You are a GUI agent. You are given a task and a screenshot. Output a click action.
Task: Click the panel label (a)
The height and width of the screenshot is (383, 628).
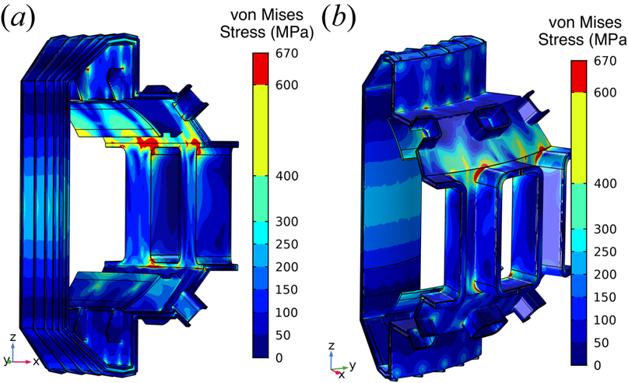tap(19, 18)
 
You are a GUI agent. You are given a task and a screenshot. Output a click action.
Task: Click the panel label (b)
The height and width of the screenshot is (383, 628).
tap(339, 18)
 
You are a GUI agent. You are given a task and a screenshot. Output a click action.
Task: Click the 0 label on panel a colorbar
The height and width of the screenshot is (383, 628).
tap(279, 357)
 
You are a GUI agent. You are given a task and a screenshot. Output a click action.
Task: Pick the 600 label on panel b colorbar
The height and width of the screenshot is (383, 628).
tap(605, 93)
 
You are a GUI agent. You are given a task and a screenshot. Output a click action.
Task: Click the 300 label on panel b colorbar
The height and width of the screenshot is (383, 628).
tap(605, 229)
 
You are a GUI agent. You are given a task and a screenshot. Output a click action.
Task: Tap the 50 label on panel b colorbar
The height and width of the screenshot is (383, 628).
tap(602, 343)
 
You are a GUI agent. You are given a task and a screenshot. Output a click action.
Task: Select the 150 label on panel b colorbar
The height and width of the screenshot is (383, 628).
tap(605, 297)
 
